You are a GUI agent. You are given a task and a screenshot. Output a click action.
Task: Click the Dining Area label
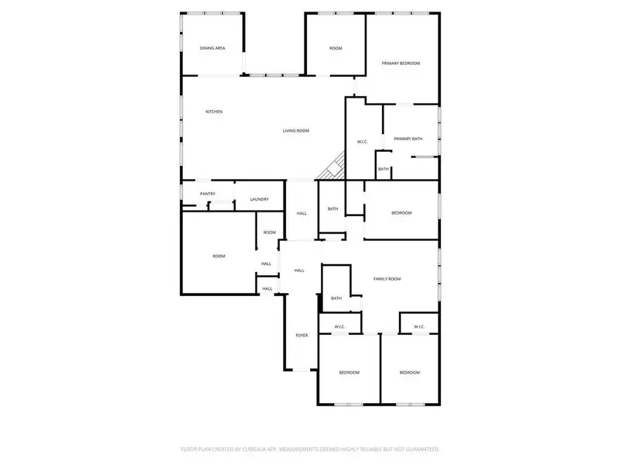click(x=212, y=48)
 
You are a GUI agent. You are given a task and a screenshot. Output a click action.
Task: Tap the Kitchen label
click(x=214, y=112)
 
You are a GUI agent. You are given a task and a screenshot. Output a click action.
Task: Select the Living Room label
click(x=295, y=130)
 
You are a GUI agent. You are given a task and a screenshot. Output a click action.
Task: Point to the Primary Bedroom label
click(x=400, y=63)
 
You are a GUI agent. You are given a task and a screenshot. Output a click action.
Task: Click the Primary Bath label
click(x=408, y=139)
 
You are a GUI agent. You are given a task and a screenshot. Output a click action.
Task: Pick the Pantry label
click(x=207, y=194)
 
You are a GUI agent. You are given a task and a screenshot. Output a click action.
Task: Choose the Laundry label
click(x=259, y=199)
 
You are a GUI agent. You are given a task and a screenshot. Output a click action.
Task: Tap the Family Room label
click(x=387, y=278)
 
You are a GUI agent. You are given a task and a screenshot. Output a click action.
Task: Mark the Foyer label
click(x=301, y=336)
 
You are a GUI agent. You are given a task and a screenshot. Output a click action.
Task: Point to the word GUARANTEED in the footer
click(x=419, y=449)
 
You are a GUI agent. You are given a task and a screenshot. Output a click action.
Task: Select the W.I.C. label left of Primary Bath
click(x=362, y=141)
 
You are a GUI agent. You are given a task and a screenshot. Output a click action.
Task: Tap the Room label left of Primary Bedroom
click(x=336, y=48)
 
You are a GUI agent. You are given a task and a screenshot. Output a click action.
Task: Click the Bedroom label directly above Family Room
click(x=401, y=212)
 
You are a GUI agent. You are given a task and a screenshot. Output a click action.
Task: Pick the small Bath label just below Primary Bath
click(x=383, y=169)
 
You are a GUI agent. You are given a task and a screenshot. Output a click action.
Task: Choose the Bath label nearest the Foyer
click(x=336, y=298)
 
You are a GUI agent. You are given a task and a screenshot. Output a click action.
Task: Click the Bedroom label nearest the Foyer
click(x=349, y=373)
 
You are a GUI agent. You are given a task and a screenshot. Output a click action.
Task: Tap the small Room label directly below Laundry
click(x=269, y=232)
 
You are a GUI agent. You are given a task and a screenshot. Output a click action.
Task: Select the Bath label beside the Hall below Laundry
click(x=332, y=208)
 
